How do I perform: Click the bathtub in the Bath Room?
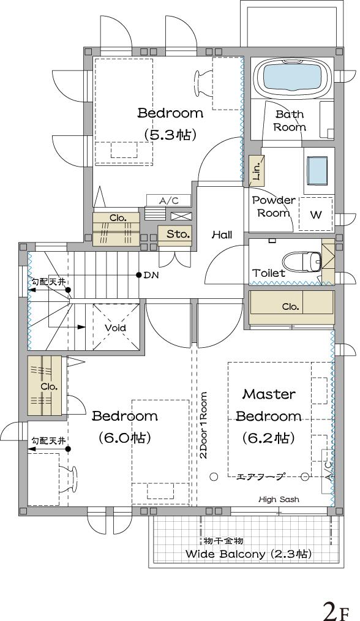coord(293,78)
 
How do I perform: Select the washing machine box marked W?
coord(316,214)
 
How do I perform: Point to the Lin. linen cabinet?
coord(257,171)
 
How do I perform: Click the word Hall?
coord(222,235)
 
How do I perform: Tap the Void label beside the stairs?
coord(115,328)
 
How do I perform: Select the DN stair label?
coord(151,275)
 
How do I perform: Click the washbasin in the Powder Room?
coord(317,171)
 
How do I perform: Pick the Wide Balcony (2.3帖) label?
coord(249,554)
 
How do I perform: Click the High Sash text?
coord(279,500)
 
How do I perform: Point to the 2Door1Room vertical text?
coord(203,426)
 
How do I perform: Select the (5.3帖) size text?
coord(170,135)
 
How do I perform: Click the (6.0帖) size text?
coord(124,438)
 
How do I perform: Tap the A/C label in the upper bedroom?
coord(169,201)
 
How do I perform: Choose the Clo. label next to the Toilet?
coord(290,307)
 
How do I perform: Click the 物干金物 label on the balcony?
coord(223,541)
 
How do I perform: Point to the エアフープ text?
coord(260,477)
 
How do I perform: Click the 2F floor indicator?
coord(337,611)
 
